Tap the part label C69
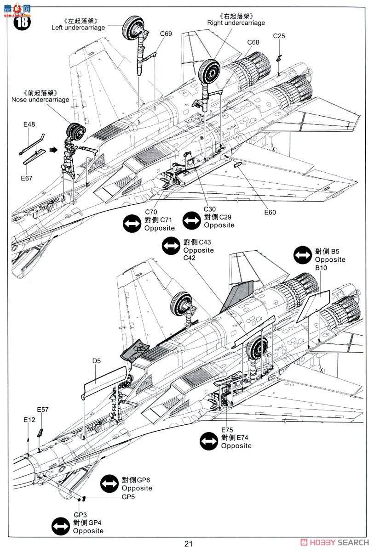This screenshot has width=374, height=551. (x=166, y=34)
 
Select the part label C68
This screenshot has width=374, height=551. (x=253, y=42)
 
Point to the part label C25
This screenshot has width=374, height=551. (x=279, y=36)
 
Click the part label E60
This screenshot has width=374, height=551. (x=270, y=212)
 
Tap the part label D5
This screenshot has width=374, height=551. (x=96, y=361)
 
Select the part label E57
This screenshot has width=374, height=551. (x=43, y=410)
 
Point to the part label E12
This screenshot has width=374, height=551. (x=29, y=419)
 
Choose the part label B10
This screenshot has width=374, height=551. (x=321, y=268)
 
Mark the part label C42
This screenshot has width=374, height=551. (x=190, y=258)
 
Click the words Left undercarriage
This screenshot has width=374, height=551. (x=78, y=27)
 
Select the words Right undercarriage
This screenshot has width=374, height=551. (x=236, y=22)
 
